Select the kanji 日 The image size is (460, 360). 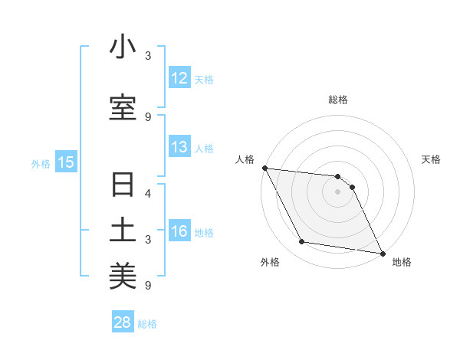(x=123, y=185)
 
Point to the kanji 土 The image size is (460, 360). (x=123, y=231)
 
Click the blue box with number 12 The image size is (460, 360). (x=179, y=78)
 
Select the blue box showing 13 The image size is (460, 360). (x=179, y=147)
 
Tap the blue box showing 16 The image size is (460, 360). (x=179, y=231)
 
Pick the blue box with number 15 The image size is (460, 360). (x=65, y=162)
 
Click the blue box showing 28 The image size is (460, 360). (x=123, y=322)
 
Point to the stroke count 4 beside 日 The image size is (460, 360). (x=148, y=193)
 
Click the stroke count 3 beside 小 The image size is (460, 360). (x=148, y=56)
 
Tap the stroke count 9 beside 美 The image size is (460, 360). (x=148, y=286)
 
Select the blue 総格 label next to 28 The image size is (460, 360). (x=147, y=324)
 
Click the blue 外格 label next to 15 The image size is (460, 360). (x=41, y=163)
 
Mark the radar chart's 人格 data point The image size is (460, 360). (x=264, y=168)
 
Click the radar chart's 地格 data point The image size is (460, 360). (x=381, y=252)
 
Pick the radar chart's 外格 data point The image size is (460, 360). (x=301, y=242)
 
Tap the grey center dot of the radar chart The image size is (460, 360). (x=337, y=191)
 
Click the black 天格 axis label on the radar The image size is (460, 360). (x=432, y=159)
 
